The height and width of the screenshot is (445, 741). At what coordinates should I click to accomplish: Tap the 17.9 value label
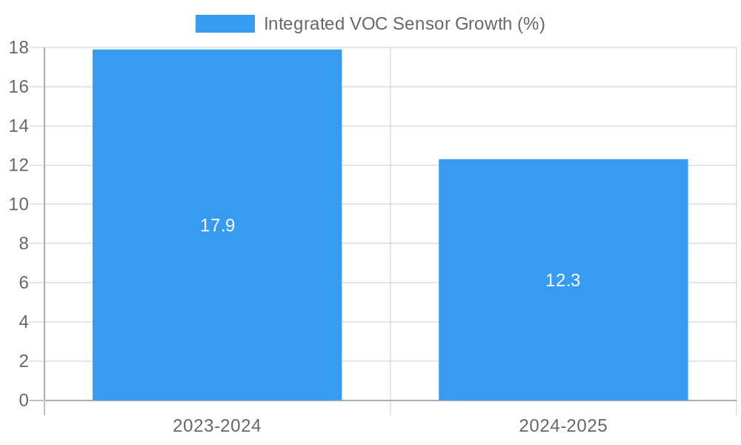pyautogui.click(x=217, y=225)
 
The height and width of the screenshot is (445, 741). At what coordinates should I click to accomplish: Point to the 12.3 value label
pyautogui.click(x=563, y=280)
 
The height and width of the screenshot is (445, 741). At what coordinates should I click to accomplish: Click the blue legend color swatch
pyautogui.click(x=225, y=24)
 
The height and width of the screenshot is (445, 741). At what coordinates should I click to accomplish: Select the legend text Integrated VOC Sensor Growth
pyautogui.click(x=404, y=24)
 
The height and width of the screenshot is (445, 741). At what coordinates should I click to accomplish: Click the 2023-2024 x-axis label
pyautogui.click(x=217, y=426)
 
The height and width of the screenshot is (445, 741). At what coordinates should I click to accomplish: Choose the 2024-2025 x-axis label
pyautogui.click(x=563, y=426)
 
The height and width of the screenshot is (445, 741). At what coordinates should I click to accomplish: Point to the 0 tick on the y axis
pyautogui.click(x=23, y=400)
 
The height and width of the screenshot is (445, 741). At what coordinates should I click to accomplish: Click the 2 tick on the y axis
pyautogui.click(x=23, y=361)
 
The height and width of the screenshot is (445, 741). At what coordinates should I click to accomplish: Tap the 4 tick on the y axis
pyautogui.click(x=23, y=322)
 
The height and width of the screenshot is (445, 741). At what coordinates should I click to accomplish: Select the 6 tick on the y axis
pyautogui.click(x=23, y=283)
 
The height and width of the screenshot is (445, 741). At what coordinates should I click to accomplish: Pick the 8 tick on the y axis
pyautogui.click(x=23, y=243)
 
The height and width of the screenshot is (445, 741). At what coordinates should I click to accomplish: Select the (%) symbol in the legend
pyautogui.click(x=531, y=24)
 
